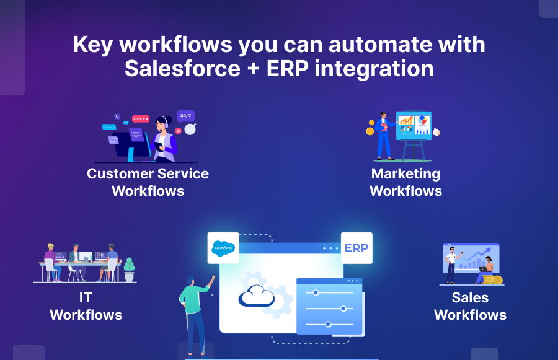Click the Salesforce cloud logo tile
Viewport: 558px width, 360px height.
[x=223, y=247]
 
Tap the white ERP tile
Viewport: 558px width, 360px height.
[x=356, y=248]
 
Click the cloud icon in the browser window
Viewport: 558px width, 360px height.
[x=257, y=296]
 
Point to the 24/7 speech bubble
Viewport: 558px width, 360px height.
[x=185, y=116]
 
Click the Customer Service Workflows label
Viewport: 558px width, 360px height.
[x=148, y=182]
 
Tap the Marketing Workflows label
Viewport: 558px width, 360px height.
[x=405, y=182]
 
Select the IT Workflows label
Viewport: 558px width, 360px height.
[x=86, y=306]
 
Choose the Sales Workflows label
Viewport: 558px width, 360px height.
[x=470, y=306]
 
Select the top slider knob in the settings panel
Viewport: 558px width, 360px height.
[x=316, y=292]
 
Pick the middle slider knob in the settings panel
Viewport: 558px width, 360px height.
[x=343, y=308]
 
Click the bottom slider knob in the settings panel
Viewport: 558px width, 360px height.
[x=328, y=324]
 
